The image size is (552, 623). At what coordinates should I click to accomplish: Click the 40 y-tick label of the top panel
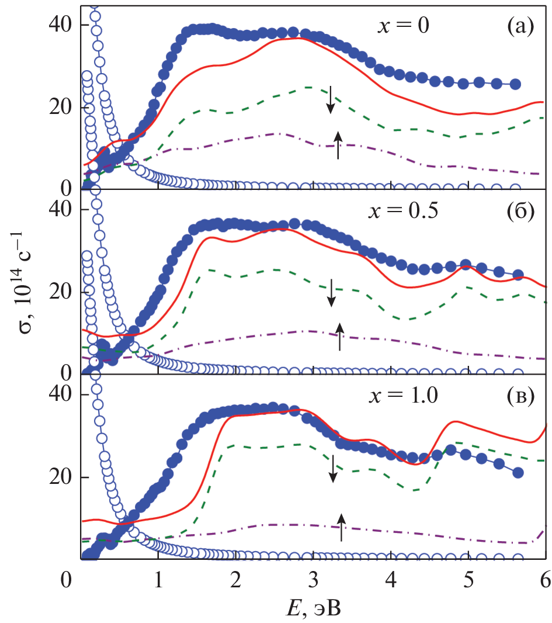pyautogui.click(x=60, y=25)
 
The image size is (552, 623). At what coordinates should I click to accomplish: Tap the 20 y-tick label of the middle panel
pyautogui.click(x=60, y=292)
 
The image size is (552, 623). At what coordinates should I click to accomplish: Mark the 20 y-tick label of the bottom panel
pyautogui.click(x=60, y=477)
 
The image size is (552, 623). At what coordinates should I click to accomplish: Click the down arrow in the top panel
pyautogui.click(x=331, y=100)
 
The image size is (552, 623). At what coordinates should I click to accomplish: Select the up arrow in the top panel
pyautogui.click(x=338, y=146)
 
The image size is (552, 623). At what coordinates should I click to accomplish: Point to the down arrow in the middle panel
pyautogui.click(x=332, y=293)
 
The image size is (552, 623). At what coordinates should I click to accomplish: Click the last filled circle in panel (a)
pyautogui.click(x=515, y=84)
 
